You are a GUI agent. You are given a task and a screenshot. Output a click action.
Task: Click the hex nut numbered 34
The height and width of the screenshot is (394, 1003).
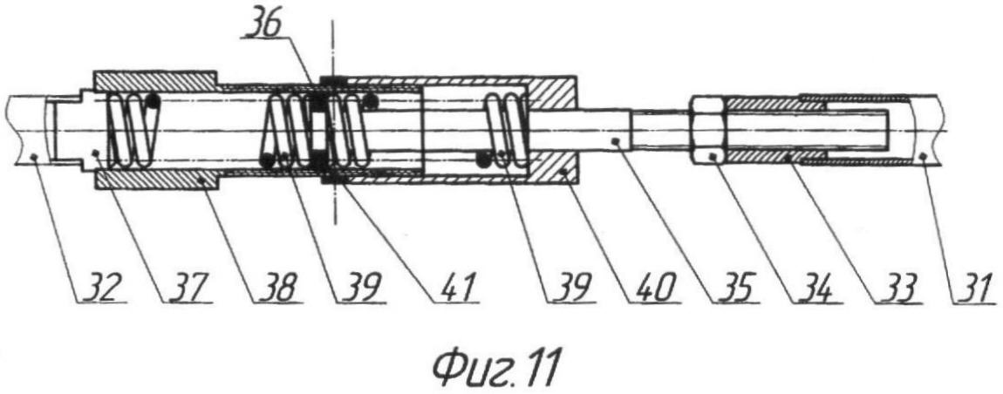[x=709, y=131]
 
